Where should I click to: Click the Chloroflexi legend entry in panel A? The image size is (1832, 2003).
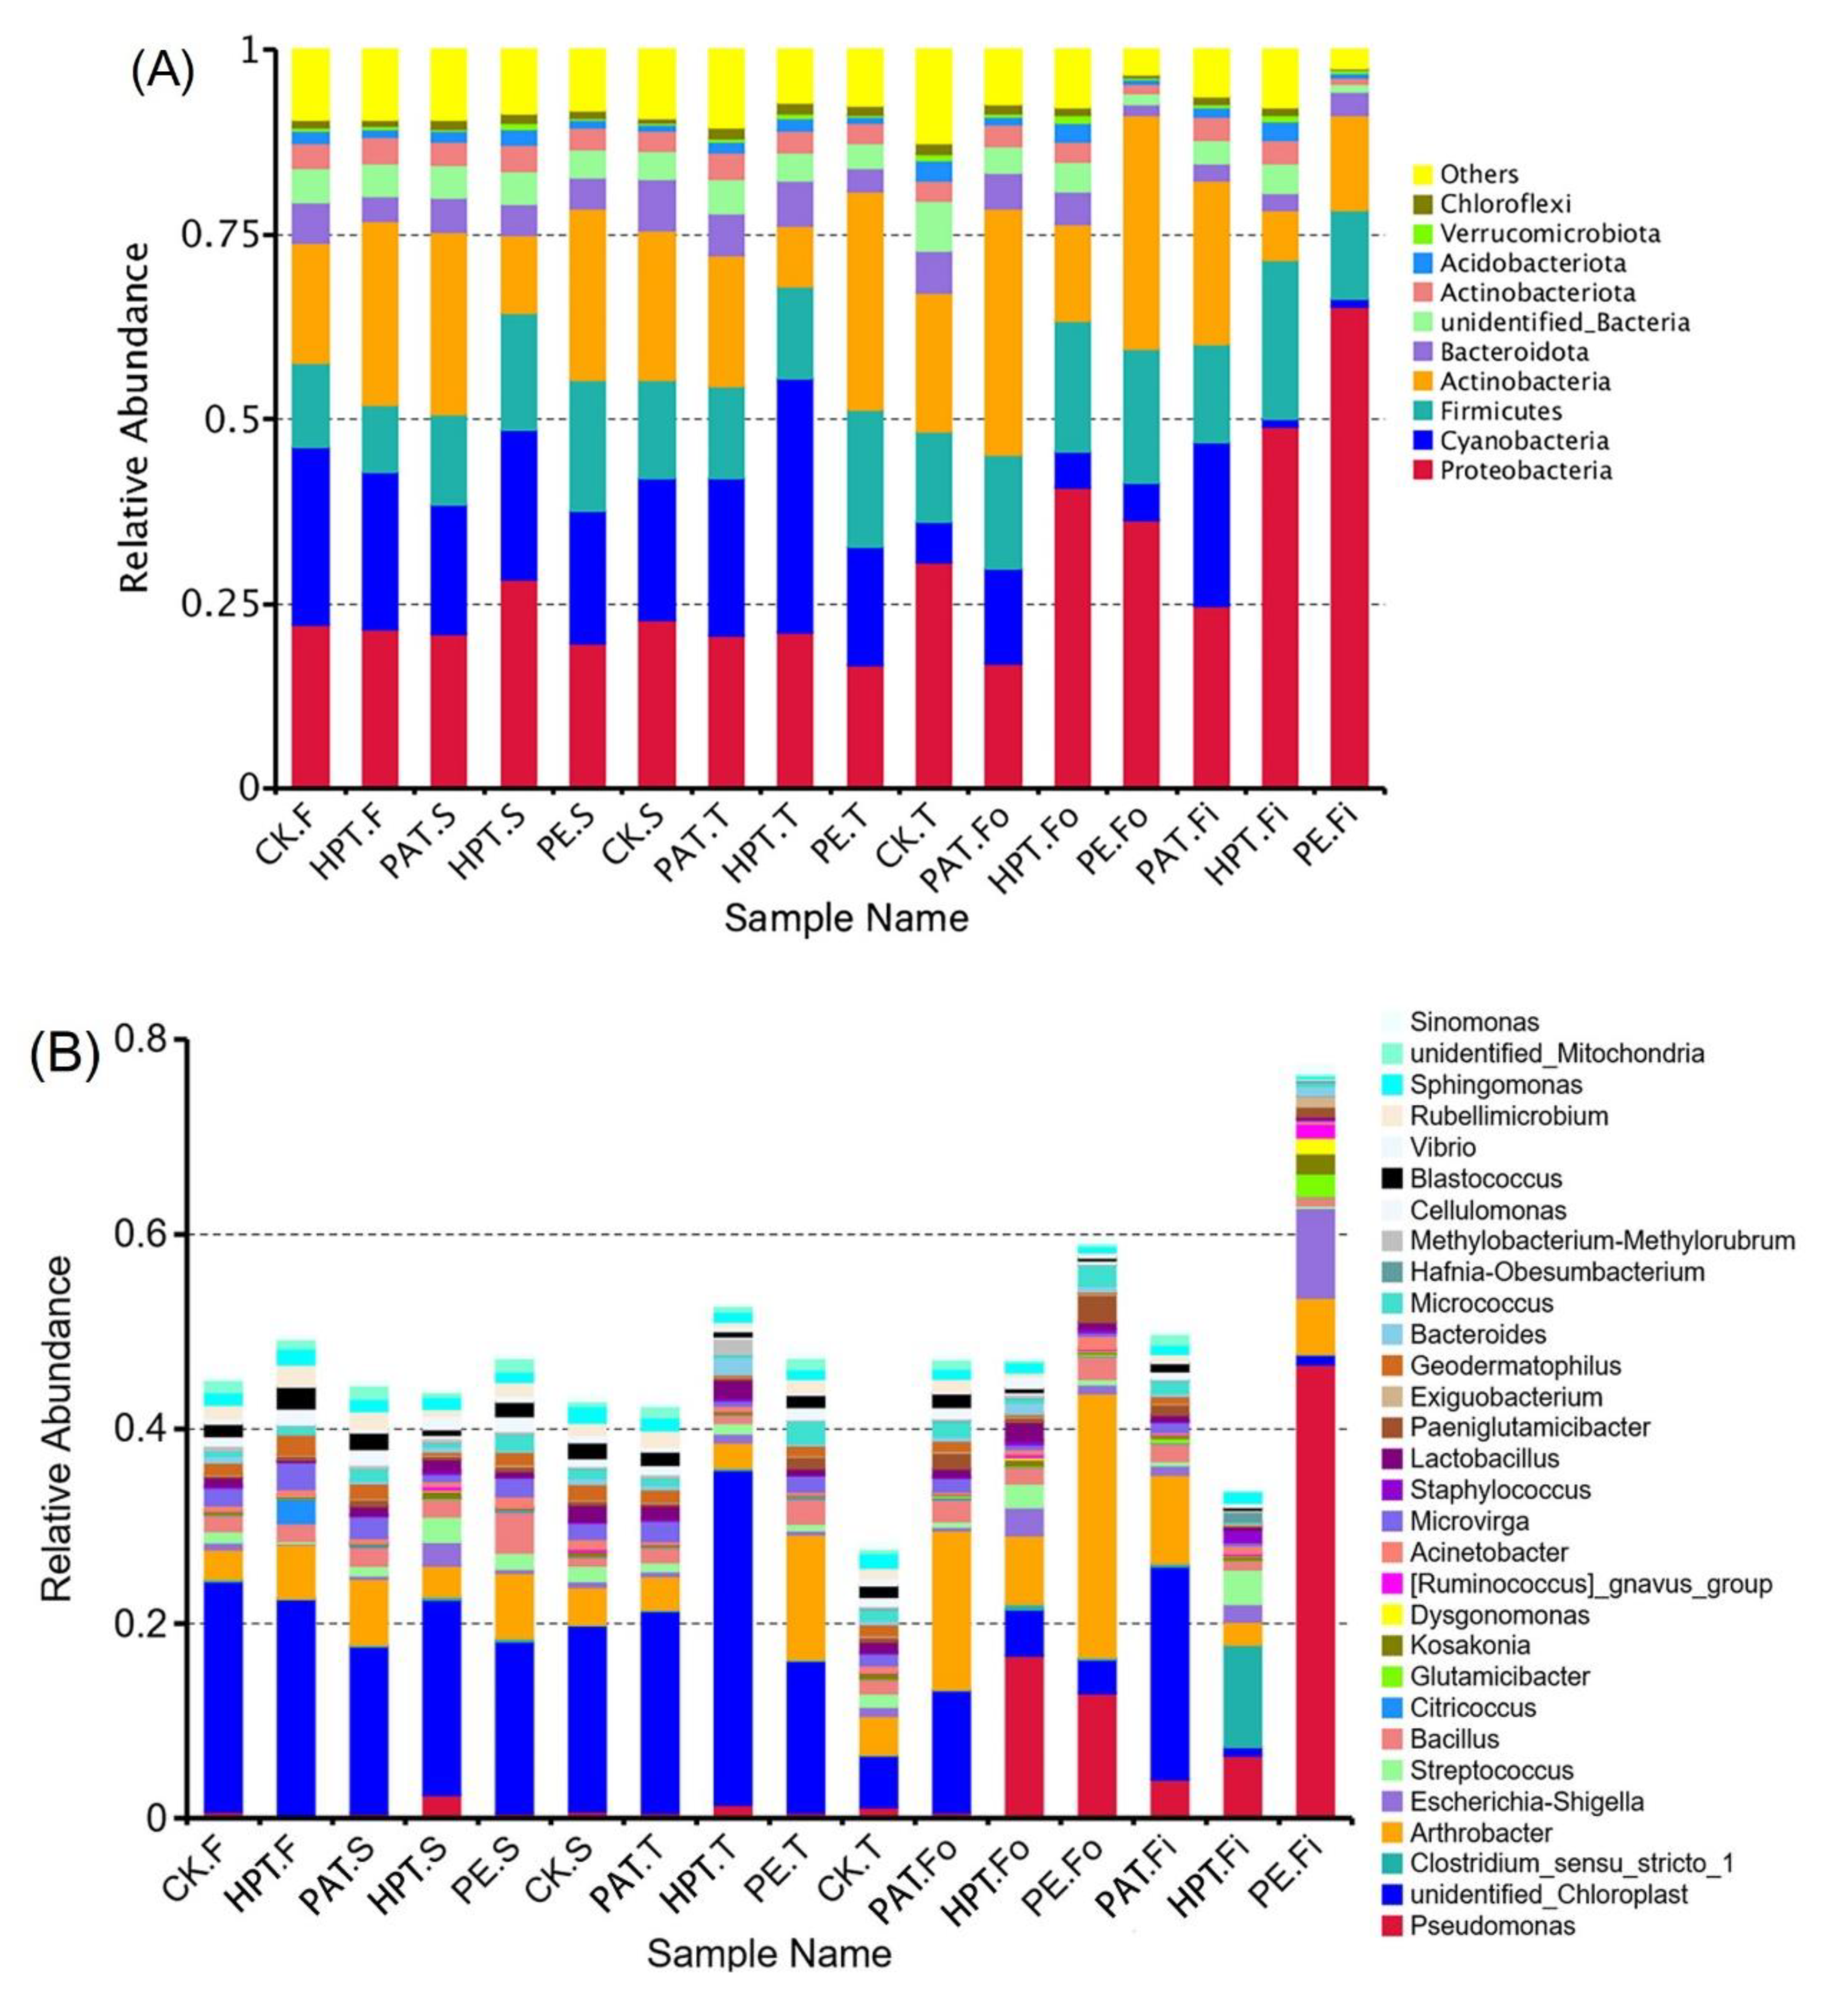click(1505, 204)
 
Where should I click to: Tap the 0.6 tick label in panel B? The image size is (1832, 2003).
click(145, 1235)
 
